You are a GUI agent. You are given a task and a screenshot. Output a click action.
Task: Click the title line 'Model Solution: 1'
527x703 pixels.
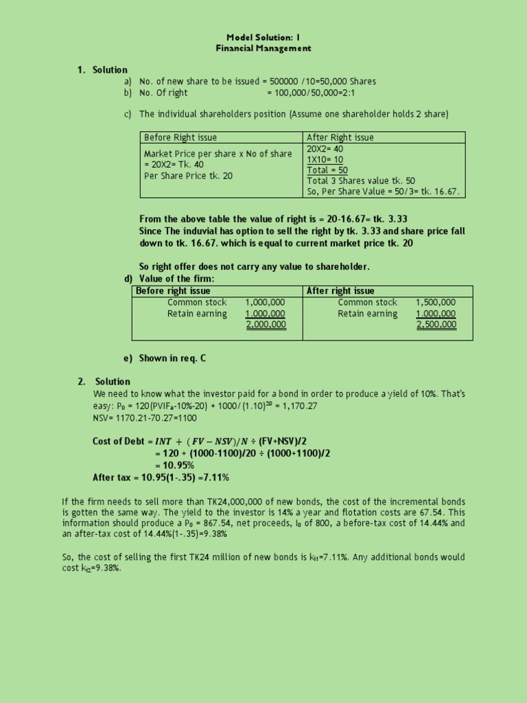pos(263,37)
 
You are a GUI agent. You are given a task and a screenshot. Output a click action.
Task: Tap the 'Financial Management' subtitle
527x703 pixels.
pos(263,49)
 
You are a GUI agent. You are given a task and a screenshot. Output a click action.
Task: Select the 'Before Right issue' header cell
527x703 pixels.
pos(180,137)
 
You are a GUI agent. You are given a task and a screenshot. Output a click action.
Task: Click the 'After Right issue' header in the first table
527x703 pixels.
pos(340,137)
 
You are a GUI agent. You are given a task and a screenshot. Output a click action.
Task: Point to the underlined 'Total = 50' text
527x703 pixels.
pos(327,170)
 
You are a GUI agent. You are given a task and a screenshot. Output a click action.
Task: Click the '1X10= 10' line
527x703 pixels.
pos(325,159)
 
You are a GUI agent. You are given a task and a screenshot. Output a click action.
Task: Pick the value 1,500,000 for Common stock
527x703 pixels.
pos(436,302)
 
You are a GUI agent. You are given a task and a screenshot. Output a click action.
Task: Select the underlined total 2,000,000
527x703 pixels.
pos(266,325)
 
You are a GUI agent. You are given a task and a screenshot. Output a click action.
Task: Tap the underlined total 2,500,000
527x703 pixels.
pos(436,325)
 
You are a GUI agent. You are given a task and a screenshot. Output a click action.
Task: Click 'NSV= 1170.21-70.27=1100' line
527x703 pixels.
pos(145,417)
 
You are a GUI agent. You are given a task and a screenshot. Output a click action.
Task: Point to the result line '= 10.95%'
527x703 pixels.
pos(174,465)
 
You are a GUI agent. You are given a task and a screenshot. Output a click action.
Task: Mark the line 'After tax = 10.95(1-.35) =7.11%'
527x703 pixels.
pos(161,477)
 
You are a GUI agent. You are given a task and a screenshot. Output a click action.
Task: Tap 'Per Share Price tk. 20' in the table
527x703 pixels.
pos(189,176)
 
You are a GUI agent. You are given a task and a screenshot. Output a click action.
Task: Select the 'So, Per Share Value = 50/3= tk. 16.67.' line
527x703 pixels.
pos(383,192)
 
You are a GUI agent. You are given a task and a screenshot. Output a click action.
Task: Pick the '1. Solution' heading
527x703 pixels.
pos(102,70)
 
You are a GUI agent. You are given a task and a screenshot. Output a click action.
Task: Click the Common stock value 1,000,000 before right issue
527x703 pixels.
pos(265,302)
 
